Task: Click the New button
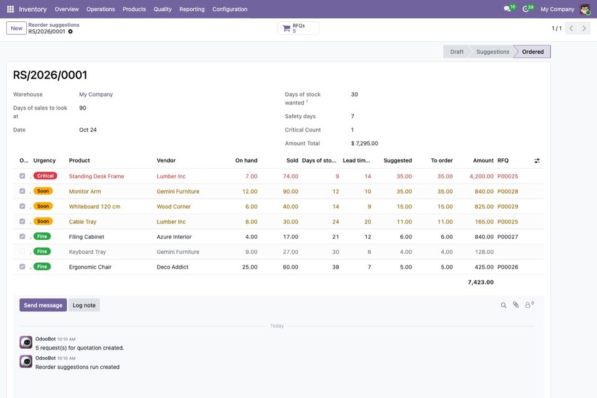pos(16,28)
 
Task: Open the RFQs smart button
pos(299,28)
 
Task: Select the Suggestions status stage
pos(492,52)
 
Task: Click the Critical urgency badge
pos(45,176)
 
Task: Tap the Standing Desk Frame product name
pos(96,176)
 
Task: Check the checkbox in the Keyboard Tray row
pos(22,252)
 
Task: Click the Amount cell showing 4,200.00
pos(481,176)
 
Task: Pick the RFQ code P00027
pos(507,237)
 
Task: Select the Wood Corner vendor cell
pos(174,207)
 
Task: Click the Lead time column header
pos(356,161)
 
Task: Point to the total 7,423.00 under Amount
pos(481,282)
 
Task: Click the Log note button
pos(84,305)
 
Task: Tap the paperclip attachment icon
pos(515,305)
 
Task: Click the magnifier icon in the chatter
pos(504,305)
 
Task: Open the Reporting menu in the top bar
pos(192,9)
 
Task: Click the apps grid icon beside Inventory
pos(11,9)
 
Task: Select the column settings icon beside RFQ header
pos(537,161)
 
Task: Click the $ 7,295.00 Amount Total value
pos(364,144)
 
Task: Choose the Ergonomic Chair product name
pos(90,267)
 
